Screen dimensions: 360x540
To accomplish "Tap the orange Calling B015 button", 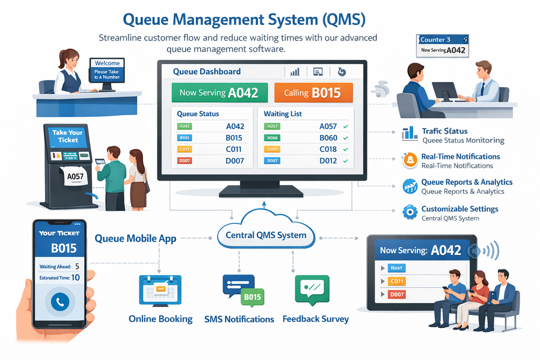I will pos(313,92).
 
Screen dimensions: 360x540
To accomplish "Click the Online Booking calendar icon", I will pos(160,290).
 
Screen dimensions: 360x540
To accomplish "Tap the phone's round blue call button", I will pos(59,302).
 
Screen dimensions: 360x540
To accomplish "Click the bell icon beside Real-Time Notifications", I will pos(410,160).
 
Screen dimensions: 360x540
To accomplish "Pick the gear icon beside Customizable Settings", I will pos(410,212).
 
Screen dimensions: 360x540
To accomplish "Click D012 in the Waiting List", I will pos(328,161).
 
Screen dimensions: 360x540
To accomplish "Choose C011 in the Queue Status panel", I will pos(233,149).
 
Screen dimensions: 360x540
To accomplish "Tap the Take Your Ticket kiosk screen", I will pos(67,137).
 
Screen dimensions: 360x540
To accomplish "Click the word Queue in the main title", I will pos(145,20).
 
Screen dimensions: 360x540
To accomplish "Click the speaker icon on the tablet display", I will pos(474,250).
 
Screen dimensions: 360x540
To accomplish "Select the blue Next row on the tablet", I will pos(397,268).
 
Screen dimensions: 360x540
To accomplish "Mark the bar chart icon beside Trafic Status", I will pos(409,134).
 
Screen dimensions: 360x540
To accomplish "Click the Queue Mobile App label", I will pos(135,238).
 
